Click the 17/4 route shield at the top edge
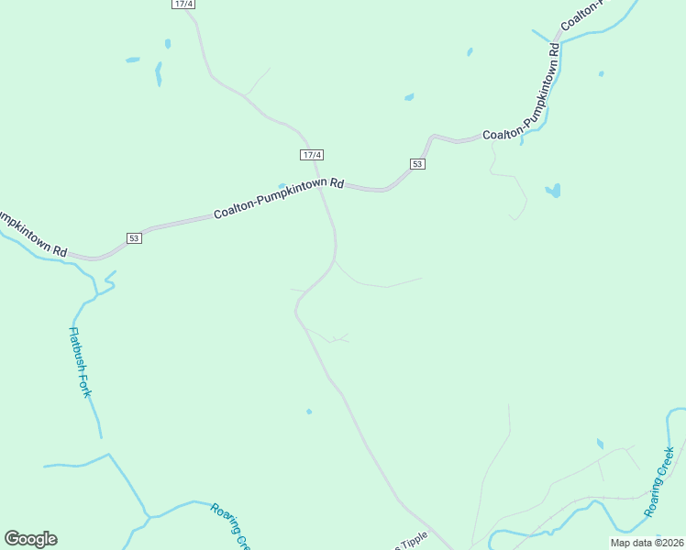pyautogui.click(x=183, y=5)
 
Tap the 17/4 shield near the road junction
pyautogui.click(x=312, y=155)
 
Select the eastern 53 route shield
pyautogui.click(x=417, y=164)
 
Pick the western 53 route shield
pyautogui.click(x=134, y=238)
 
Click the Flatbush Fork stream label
pyautogui.click(x=82, y=362)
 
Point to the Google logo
pyautogui.click(x=30, y=539)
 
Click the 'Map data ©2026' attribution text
pyautogui.click(x=647, y=543)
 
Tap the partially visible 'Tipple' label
pyautogui.click(x=412, y=543)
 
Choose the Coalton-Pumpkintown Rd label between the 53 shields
pyautogui.click(x=278, y=198)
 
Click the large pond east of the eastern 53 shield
pyautogui.click(x=552, y=191)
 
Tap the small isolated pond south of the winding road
pyautogui.click(x=309, y=412)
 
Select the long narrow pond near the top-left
pyautogui.click(x=158, y=73)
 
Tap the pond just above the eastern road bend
pyautogui.click(x=409, y=96)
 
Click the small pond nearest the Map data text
pyautogui.click(x=600, y=445)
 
